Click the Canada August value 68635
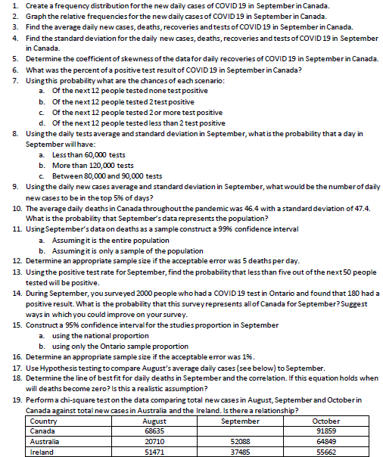pos(154,431)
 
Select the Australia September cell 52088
pos(240,440)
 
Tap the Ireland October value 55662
pos(326,450)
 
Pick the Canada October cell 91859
pos(326,431)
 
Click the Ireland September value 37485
pos(240,450)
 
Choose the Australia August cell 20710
pos(154,440)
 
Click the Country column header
pos(42,421)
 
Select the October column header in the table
pos(326,421)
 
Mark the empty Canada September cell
pos(240,431)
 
